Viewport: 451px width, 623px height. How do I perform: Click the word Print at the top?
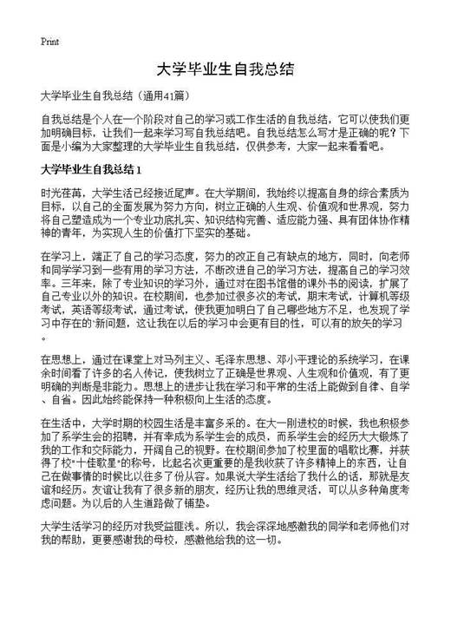coord(50,41)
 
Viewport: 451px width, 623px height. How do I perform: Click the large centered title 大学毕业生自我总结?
coord(225,69)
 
